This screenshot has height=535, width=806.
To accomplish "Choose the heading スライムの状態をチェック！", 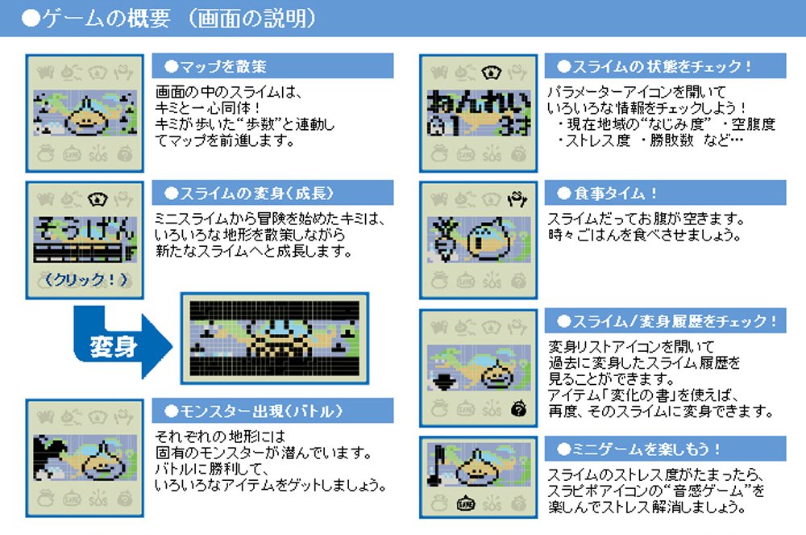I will point(661,66).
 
